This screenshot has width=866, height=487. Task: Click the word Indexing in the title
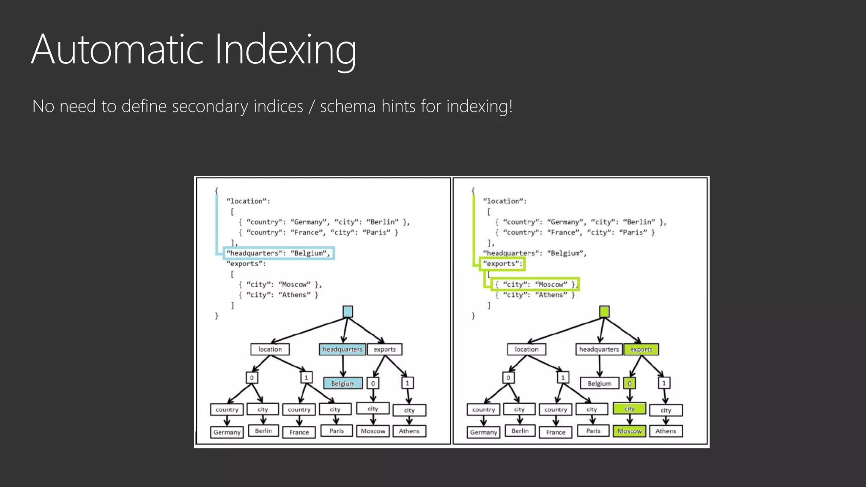coord(285,50)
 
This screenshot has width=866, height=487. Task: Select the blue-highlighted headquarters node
coord(342,349)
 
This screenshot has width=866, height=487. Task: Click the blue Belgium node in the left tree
coord(343,383)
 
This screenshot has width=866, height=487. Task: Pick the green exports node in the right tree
coord(641,349)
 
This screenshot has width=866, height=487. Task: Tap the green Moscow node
coord(629,431)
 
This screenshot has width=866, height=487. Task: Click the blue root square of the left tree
coord(348,312)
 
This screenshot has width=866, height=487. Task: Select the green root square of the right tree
coord(604,312)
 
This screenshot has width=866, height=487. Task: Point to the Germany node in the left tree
coord(227,432)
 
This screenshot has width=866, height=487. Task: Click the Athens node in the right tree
coord(666,431)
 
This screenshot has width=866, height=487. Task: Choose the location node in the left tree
coord(270,349)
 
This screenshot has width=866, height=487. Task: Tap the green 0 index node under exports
coord(629,383)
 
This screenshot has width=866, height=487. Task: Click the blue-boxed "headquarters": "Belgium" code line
coord(278,253)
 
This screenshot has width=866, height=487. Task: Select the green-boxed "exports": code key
coord(502,264)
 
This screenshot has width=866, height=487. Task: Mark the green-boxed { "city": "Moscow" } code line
coord(535,285)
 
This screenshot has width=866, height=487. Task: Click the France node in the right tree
coord(555,432)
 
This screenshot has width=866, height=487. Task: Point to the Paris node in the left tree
coord(337,431)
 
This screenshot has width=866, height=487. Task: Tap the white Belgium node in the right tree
coord(599,383)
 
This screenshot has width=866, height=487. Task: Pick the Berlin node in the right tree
coord(520,431)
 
